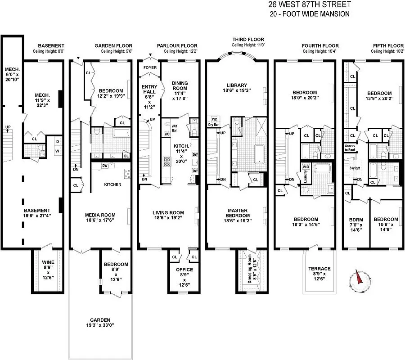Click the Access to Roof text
(350, 148)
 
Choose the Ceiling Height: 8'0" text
(49, 51)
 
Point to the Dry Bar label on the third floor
(213, 124)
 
